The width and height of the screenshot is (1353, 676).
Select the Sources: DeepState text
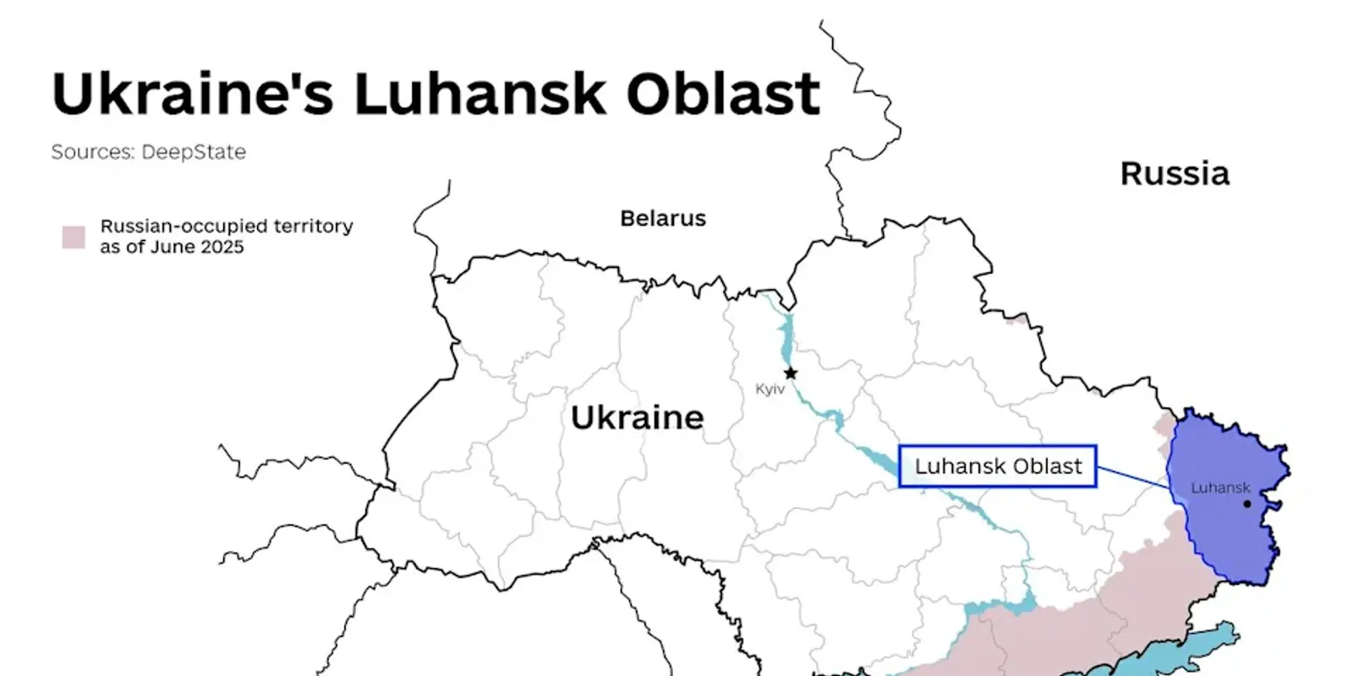(x=148, y=152)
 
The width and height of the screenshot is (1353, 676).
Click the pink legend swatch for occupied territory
(x=74, y=237)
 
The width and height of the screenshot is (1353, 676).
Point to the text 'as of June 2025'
(x=172, y=248)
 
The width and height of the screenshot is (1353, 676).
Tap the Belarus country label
(x=662, y=219)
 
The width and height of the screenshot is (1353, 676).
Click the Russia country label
(x=1174, y=174)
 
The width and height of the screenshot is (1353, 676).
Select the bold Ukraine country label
(x=637, y=417)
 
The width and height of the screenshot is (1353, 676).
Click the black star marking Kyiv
(x=790, y=373)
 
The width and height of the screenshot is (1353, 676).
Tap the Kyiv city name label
(x=770, y=390)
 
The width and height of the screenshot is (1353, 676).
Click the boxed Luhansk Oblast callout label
(x=998, y=466)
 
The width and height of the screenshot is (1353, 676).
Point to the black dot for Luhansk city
(x=1246, y=504)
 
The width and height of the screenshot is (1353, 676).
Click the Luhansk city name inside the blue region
(x=1219, y=488)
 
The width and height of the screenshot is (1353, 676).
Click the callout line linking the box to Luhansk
(x=1133, y=477)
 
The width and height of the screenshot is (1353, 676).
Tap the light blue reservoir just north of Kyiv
(x=787, y=334)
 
